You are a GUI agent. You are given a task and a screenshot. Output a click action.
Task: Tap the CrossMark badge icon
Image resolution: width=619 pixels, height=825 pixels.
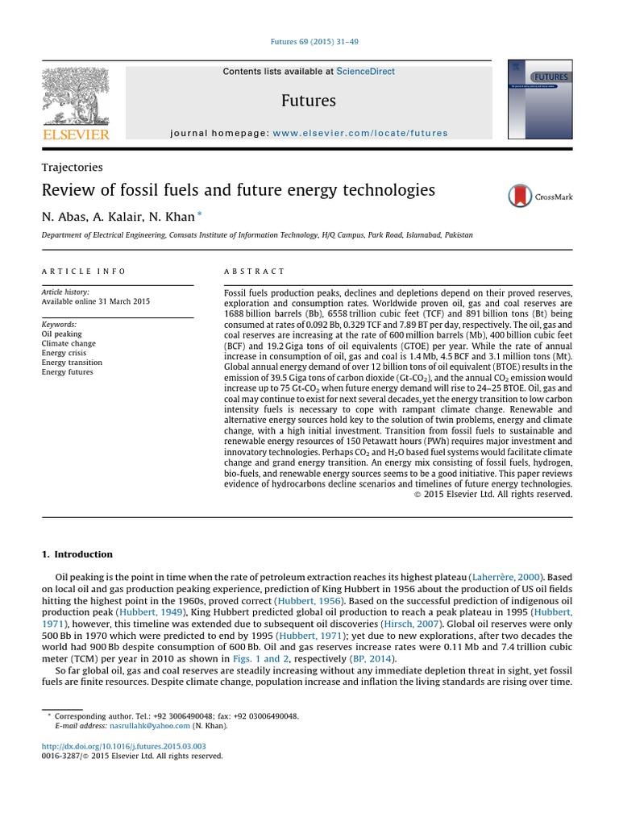(x=521, y=196)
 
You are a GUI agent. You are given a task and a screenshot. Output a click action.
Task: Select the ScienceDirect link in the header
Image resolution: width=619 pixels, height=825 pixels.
(x=365, y=72)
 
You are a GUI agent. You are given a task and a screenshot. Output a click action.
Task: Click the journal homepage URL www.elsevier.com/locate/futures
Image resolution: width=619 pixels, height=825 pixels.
(x=360, y=133)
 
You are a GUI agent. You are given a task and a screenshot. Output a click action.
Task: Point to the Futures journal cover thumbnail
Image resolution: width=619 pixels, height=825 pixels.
(x=540, y=99)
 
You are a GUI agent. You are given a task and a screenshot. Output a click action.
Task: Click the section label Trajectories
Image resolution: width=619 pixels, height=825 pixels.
(x=73, y=168)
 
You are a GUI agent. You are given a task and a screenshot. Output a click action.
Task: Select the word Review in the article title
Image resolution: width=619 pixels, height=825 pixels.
(x=66, y=191)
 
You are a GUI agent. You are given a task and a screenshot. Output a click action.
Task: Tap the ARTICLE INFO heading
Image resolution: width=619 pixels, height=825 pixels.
(x=84, y=272)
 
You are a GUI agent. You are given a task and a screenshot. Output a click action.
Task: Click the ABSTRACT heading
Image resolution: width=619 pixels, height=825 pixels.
(x=254, y=272)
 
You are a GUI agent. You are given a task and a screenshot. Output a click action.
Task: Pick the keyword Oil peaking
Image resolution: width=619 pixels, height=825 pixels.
(x=62, y=334)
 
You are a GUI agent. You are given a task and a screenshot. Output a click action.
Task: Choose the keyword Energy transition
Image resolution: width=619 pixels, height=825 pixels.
(x=72, y=363)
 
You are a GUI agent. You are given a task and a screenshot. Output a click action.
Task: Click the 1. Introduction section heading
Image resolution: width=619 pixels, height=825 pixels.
(x=77, y=554)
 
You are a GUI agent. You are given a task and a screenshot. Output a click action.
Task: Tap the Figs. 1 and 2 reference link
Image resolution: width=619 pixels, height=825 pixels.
(x=259, y=658)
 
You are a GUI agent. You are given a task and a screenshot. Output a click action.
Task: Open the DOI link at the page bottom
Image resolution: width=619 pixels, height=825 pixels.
(x=123, y=747)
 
